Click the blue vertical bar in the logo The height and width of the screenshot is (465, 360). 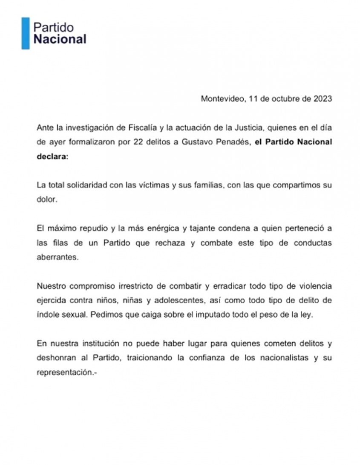coord(26,33)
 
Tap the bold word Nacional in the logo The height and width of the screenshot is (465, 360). coord(60,40)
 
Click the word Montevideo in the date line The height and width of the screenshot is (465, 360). coord(223,98)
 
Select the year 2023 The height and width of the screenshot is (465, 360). coord(323,98)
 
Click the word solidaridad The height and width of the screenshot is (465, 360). coord(88,185)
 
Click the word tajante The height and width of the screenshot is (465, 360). coord(200,228)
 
